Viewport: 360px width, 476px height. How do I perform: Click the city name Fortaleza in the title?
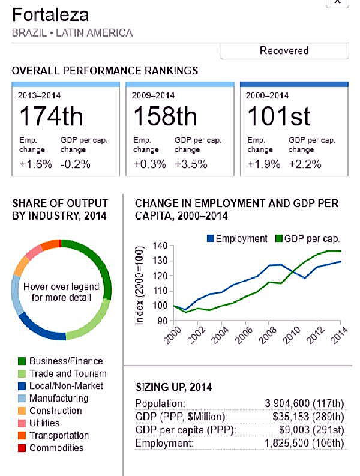pos(50,15)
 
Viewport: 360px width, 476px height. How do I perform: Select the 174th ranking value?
pos(51,116)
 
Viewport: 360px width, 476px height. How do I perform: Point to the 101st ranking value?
pos(279,116)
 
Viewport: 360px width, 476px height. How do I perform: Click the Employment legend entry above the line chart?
pos(236,238)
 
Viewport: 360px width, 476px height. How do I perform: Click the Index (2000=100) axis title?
pos(140,285)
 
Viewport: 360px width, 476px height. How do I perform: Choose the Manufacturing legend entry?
pos(59,398)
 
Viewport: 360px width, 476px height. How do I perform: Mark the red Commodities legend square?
pos(22,448)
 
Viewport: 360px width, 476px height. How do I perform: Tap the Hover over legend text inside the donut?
pos(61,292)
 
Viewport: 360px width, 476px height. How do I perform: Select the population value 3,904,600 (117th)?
pos(304,403)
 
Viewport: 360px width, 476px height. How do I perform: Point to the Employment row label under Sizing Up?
pos(164,443)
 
